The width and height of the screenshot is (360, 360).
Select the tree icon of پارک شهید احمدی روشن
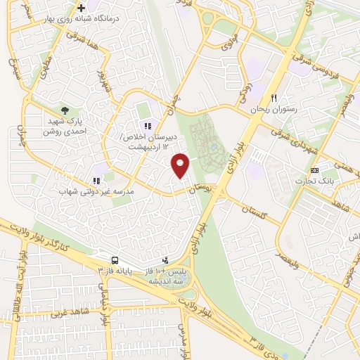tap(65, 110)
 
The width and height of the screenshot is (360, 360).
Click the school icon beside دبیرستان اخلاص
tap(148, 126)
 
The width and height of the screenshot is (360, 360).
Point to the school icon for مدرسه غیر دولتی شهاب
tap(96, 181)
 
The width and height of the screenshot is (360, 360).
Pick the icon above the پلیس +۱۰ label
tap(165, 260)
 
